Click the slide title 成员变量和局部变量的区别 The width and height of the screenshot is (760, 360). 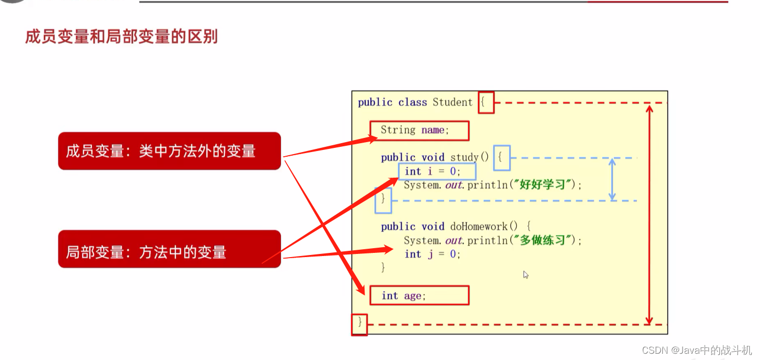click(121, 37)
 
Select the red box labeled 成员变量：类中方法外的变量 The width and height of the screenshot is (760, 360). click(169, 151)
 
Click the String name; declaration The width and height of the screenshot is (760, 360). click(419, 131)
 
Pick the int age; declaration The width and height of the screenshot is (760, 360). click(418, 296)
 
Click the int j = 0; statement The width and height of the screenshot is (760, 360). click(432, 254)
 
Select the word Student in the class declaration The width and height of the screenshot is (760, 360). click(452, 102)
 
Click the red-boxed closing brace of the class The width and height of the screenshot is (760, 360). click(359, 323)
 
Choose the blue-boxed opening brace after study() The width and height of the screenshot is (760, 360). click(501, 157)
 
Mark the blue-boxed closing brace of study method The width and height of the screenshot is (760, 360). click(383, 199)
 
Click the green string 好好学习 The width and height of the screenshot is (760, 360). click(543, 184)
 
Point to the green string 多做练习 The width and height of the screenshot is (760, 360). click(543, 240)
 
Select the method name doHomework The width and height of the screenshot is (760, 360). click(478, 227)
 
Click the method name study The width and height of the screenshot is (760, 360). click(464, 157)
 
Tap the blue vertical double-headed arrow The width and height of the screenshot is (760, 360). click(612, 179)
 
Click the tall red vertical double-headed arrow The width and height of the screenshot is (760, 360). click(649, 214)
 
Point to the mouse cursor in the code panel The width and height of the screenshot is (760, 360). click(525, 274)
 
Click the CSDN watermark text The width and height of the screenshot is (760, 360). click(697, 350)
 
